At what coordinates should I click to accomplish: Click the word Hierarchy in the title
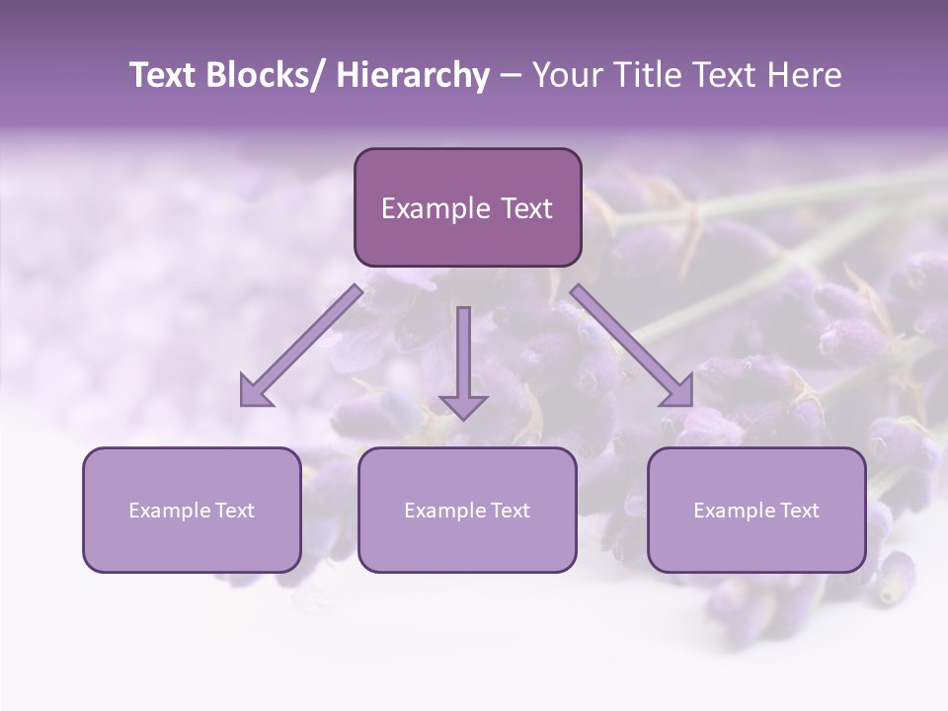413,75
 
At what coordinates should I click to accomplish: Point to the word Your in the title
567,75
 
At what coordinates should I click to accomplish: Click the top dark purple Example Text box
467,207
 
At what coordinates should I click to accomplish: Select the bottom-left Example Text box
192,510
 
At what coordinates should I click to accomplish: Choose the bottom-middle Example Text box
467,510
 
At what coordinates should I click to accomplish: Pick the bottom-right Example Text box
756,510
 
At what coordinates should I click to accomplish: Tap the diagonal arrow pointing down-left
301,346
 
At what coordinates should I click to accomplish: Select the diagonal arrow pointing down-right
632,346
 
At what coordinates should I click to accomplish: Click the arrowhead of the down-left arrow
254,392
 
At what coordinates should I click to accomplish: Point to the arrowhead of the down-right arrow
678,392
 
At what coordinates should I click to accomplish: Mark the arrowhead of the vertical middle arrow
463,404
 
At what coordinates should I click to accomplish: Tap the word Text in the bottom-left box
236,511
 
